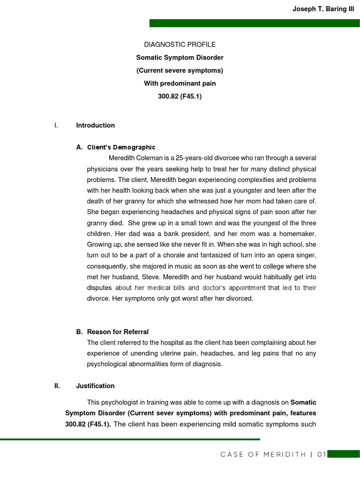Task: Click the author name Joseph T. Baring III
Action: click(323, 9)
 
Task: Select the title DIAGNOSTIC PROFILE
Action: click(180, 45)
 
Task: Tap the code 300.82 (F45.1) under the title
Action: click(180, 97)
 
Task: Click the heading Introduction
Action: click(95, 125)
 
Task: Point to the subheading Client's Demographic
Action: click(121, 147)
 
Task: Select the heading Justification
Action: click(95, 386)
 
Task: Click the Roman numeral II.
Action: click(57, 386)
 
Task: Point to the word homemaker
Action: click(298, 233)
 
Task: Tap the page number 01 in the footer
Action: click(321, 454)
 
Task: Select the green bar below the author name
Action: click(255, 23)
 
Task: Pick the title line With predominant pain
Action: click(180, 84)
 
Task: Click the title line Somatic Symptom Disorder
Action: click(180, 58)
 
